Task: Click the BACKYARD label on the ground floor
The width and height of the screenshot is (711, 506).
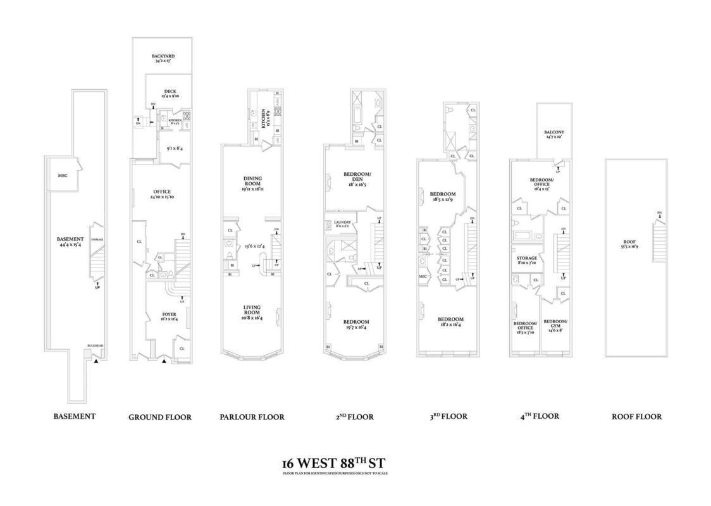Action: pyautogui.click(x=164, y=56)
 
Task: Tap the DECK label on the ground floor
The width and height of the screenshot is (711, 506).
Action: pyautogui.click(x=170, y=92)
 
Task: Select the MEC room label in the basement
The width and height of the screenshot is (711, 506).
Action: pyautogui.click(x=63, y=175)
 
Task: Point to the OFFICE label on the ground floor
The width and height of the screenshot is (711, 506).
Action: pyautogui.click(x=162, y=192)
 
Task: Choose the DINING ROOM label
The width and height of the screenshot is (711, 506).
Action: pyautogui.click(x=252, y=179)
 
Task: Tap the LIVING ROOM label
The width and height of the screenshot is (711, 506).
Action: pyautogui.click(x=252, y=308)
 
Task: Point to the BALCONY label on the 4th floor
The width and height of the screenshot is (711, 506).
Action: pyautogui.click(x=554, y=132)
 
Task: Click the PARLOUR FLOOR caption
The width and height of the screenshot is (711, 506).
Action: pyautogui.click(x=252, y=417)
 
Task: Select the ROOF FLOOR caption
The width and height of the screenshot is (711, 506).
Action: pyautogui.click(x=636, y=416)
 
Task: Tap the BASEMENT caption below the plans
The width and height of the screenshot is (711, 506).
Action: pyautogui.click(x=75, y=416)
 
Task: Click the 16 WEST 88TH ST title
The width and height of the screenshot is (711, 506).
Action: pyautogui.click(x=335, y=463)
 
